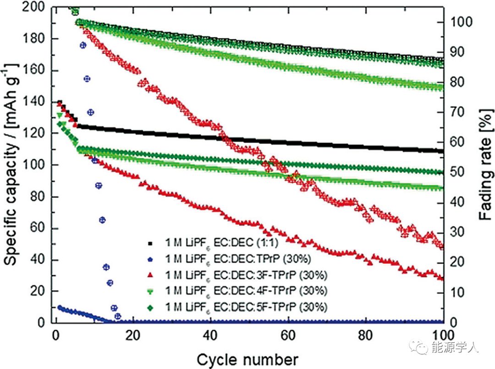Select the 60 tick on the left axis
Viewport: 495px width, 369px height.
tap(40, 228)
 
